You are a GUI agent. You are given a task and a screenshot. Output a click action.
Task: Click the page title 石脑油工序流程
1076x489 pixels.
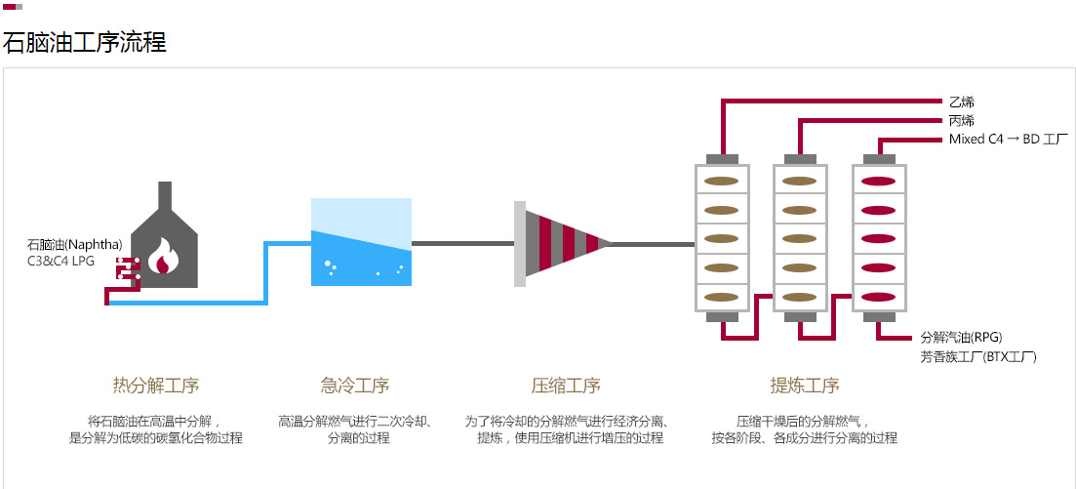(x=84, y=42)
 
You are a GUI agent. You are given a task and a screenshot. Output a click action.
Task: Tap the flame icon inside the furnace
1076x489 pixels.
(x=163, y=256)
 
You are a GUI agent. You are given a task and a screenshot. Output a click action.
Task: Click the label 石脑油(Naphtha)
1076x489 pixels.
(x=74, y=244)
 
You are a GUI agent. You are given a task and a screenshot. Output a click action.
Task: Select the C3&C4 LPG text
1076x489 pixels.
(x=60, y=261)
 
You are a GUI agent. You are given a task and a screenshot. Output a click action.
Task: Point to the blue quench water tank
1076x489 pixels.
(x=361, y=254)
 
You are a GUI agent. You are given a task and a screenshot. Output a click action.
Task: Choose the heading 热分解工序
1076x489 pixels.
(x=156, y=385)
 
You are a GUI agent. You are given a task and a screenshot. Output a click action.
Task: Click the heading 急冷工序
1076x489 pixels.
(x=355, y=385)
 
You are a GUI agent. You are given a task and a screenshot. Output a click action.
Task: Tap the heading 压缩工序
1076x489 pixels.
(x=566, y=385)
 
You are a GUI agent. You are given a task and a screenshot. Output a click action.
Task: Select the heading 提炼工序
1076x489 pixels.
(x=805, y=385)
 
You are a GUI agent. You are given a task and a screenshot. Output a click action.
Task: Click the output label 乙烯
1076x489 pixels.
(x=961, y=102)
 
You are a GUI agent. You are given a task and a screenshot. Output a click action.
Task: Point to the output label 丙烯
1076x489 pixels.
(x=961, y=121)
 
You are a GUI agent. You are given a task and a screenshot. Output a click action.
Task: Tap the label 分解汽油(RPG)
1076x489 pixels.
(x=961, y=338)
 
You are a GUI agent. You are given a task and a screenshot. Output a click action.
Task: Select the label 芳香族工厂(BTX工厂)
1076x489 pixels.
(x=977, y=357)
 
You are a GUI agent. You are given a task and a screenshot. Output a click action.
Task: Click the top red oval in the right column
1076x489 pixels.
(x=879, y=181)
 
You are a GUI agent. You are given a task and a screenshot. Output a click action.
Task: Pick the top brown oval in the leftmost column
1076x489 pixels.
(x=721, y=181)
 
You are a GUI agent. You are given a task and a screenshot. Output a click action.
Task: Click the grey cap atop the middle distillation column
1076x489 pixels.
(x=800, y=159)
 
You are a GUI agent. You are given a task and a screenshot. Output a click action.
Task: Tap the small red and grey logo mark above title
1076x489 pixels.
(x=12, y=7)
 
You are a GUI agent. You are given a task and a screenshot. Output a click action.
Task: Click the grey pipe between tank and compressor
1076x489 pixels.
(x=461, y=243)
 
